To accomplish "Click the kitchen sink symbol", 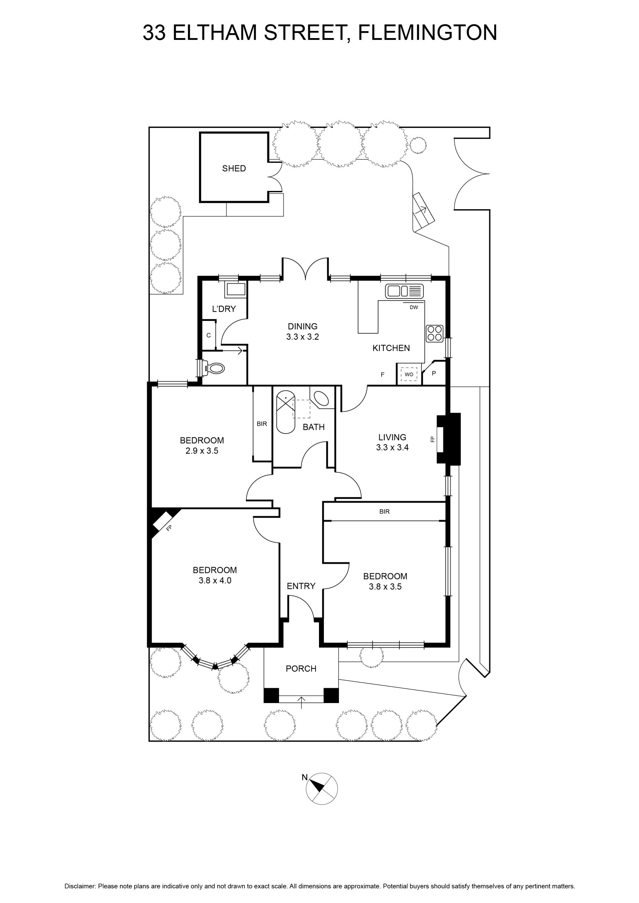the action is (x=404, y=291).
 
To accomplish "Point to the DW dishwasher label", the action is (x=414, y=308).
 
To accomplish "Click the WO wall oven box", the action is (x=409, y=374).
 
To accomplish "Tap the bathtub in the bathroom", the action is (x=286, y=412).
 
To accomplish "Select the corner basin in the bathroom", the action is (x=321, y=398).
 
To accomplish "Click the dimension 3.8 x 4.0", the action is (x=215, y=580).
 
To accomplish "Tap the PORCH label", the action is (x=301, y=668).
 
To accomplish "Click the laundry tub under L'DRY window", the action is (x=235, y=290).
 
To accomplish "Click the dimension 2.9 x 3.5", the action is (x=202, y=451).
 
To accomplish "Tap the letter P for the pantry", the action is (x=434, y=373).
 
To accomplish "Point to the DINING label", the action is (x=303, y=326).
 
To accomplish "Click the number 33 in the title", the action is (x=154, y=33).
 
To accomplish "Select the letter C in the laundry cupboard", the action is (x=209, y=335).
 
